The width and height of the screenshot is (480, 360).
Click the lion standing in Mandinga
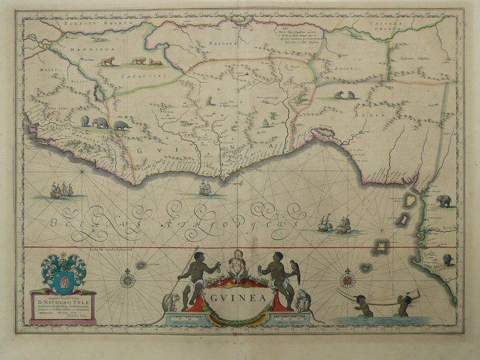(106, 62)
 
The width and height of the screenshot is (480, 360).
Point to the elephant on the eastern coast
(443, 200)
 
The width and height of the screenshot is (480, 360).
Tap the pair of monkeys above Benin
(346, 95)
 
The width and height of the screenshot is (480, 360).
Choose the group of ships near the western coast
(62, 190)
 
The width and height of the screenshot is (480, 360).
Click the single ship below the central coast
(204, 187)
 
